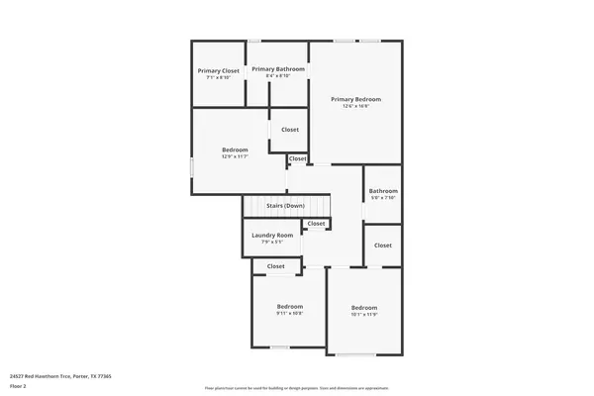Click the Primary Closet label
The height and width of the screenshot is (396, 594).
coord(218,70)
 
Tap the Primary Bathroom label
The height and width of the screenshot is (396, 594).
coord(277,68)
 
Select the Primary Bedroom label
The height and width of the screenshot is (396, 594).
coord(355,99)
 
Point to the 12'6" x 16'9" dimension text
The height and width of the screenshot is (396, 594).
coord(355,106)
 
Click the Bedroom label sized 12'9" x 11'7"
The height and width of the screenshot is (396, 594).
coord(235,149)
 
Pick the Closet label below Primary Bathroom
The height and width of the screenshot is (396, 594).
coord(290,130)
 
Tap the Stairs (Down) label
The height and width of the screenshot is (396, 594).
coord(285,205)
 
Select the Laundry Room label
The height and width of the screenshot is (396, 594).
coord(272,235)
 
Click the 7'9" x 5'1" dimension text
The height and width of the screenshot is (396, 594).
coord(272,242)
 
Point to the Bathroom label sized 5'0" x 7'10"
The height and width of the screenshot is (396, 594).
coord(383,191)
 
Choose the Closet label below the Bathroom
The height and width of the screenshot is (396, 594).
coord(383,245)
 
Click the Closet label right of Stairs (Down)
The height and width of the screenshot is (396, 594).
coord(316,224)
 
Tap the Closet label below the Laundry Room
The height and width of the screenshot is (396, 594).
coord(276,265)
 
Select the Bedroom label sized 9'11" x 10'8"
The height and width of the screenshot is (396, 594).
coord(289,306)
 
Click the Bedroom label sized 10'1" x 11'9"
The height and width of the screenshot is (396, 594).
coord(364,308)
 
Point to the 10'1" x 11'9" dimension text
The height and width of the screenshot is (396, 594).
coord(364,315)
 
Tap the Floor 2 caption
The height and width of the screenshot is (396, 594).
coord(17,386)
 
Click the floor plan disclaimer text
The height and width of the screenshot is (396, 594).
coord(297,387)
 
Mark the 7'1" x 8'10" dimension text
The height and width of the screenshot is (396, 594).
coord(218,77)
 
